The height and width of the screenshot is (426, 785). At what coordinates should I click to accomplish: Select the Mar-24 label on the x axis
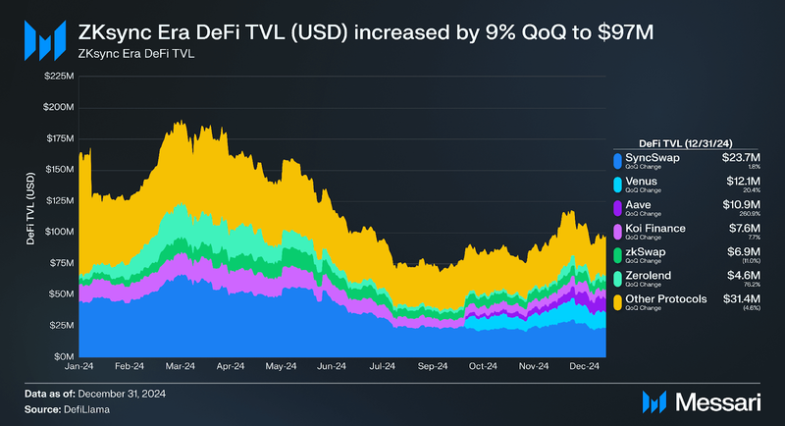point(183,366)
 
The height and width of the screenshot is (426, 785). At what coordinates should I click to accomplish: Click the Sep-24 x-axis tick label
point(432,366)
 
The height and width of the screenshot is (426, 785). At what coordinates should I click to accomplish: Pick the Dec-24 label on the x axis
point(585,366)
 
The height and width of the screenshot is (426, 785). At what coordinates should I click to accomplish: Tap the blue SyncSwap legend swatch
point(616,160)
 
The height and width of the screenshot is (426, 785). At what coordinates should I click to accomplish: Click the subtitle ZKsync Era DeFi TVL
point(135,53)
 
